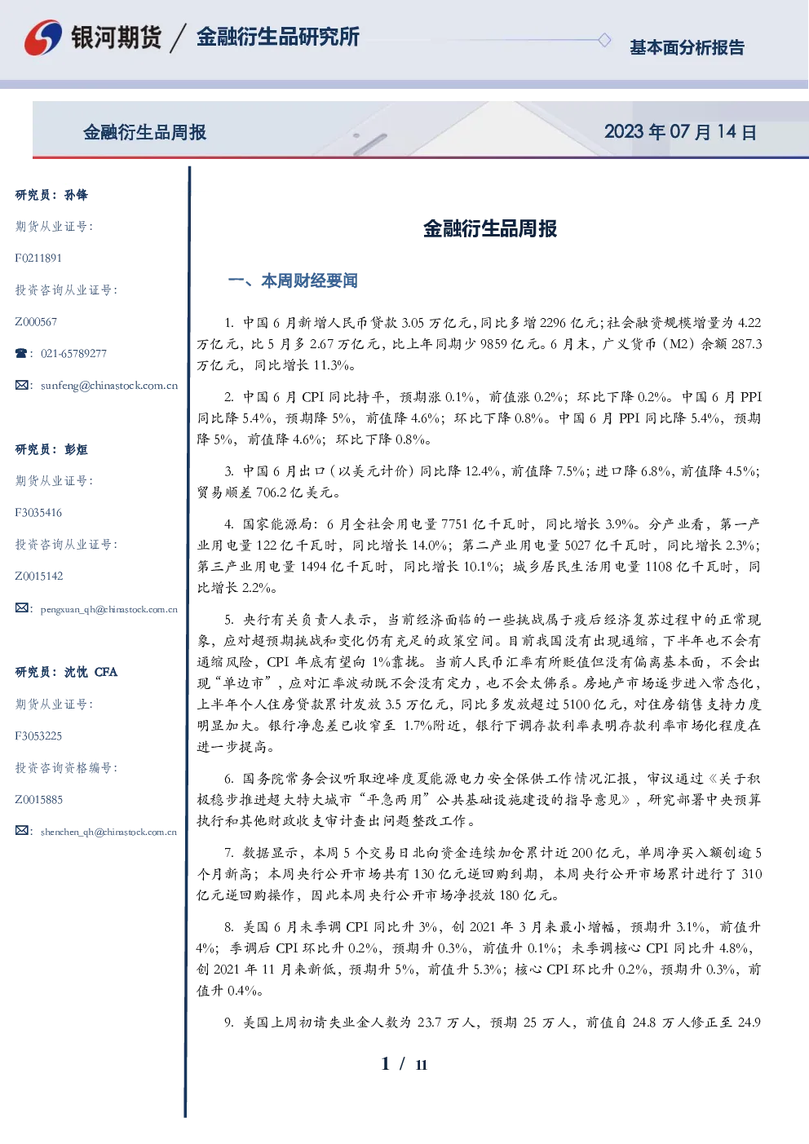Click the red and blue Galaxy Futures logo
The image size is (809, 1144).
[x=43, y=38]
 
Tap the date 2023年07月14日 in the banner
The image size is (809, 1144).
[x=680, y=132]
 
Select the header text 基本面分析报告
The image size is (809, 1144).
[x=687, y=47]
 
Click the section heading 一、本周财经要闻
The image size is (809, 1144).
[x=293, y=280]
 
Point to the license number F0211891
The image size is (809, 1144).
[x=38, y=258]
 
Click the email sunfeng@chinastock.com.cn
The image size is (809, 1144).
[x=109, y=386]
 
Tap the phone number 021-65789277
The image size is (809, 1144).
[x=73, y=353]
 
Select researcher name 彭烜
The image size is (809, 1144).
[x=76, y=449]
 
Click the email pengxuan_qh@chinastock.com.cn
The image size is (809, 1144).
[x=109, y=609]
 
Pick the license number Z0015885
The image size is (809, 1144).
[x=39, y=799]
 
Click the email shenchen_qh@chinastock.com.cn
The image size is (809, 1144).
[x=108, y=832]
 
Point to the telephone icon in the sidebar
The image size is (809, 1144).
[x=21, y=353]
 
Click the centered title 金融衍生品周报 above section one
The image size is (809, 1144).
[x=490, y=228]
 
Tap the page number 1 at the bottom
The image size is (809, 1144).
[x=386, y=1064]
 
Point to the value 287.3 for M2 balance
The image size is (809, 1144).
[x=747, y=344]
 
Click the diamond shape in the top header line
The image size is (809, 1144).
[x=604, y=40]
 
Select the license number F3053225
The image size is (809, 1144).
[x=38, y=736]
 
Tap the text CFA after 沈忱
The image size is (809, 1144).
[x=106, y=672]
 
